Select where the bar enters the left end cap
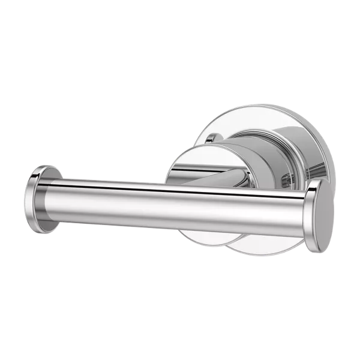tap(54, 198)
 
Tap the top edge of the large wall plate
tap(252, 111)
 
